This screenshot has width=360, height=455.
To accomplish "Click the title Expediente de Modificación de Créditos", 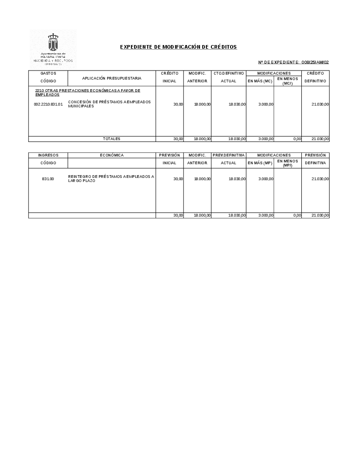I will click(x=178, y=47).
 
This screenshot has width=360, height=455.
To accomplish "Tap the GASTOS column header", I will click(x=48, y=73).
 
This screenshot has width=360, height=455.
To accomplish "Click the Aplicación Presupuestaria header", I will click(x=112, y=78).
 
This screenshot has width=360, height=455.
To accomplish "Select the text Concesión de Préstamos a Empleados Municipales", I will click(x=109, y=104).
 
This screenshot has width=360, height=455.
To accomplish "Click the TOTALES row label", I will click(x=111, y=139).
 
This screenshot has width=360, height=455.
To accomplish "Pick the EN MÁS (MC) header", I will click(x=260, y=81).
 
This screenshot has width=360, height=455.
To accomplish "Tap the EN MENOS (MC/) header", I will click(x=287, y=81).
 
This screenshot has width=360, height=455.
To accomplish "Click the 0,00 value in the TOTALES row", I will click(x=297, y=139).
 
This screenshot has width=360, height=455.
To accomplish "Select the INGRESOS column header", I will click(x=48, y=155).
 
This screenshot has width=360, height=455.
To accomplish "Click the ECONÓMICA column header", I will click(x=112, y=155).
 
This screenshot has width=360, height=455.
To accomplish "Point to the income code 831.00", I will click(x=48, y=179).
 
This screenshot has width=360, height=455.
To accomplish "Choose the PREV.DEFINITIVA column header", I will click(x=229, y=155).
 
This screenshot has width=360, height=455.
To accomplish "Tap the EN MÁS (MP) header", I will click(x=260, y=163).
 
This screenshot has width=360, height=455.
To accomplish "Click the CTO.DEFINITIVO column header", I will click(x=229, y=73).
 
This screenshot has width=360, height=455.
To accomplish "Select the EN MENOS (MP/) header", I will click(x=287, y=163).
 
